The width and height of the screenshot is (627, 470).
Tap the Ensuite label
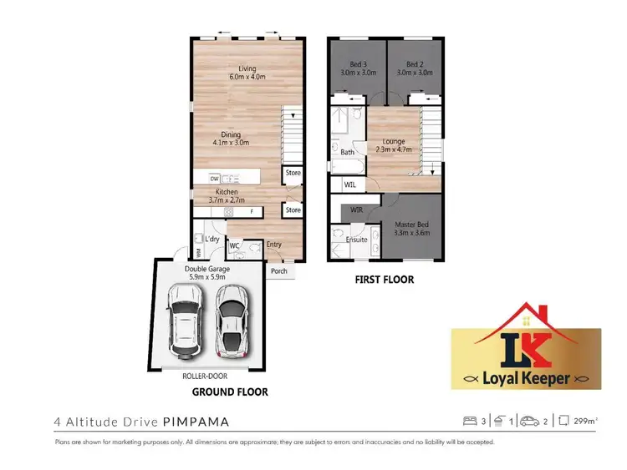tap(357, 240)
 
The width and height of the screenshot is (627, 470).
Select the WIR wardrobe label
tap(355, 209)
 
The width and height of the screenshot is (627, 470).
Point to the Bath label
tap(347, 152)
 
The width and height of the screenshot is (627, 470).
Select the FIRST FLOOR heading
tap(384, 280)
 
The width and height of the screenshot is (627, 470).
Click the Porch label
tap(278, 271)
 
